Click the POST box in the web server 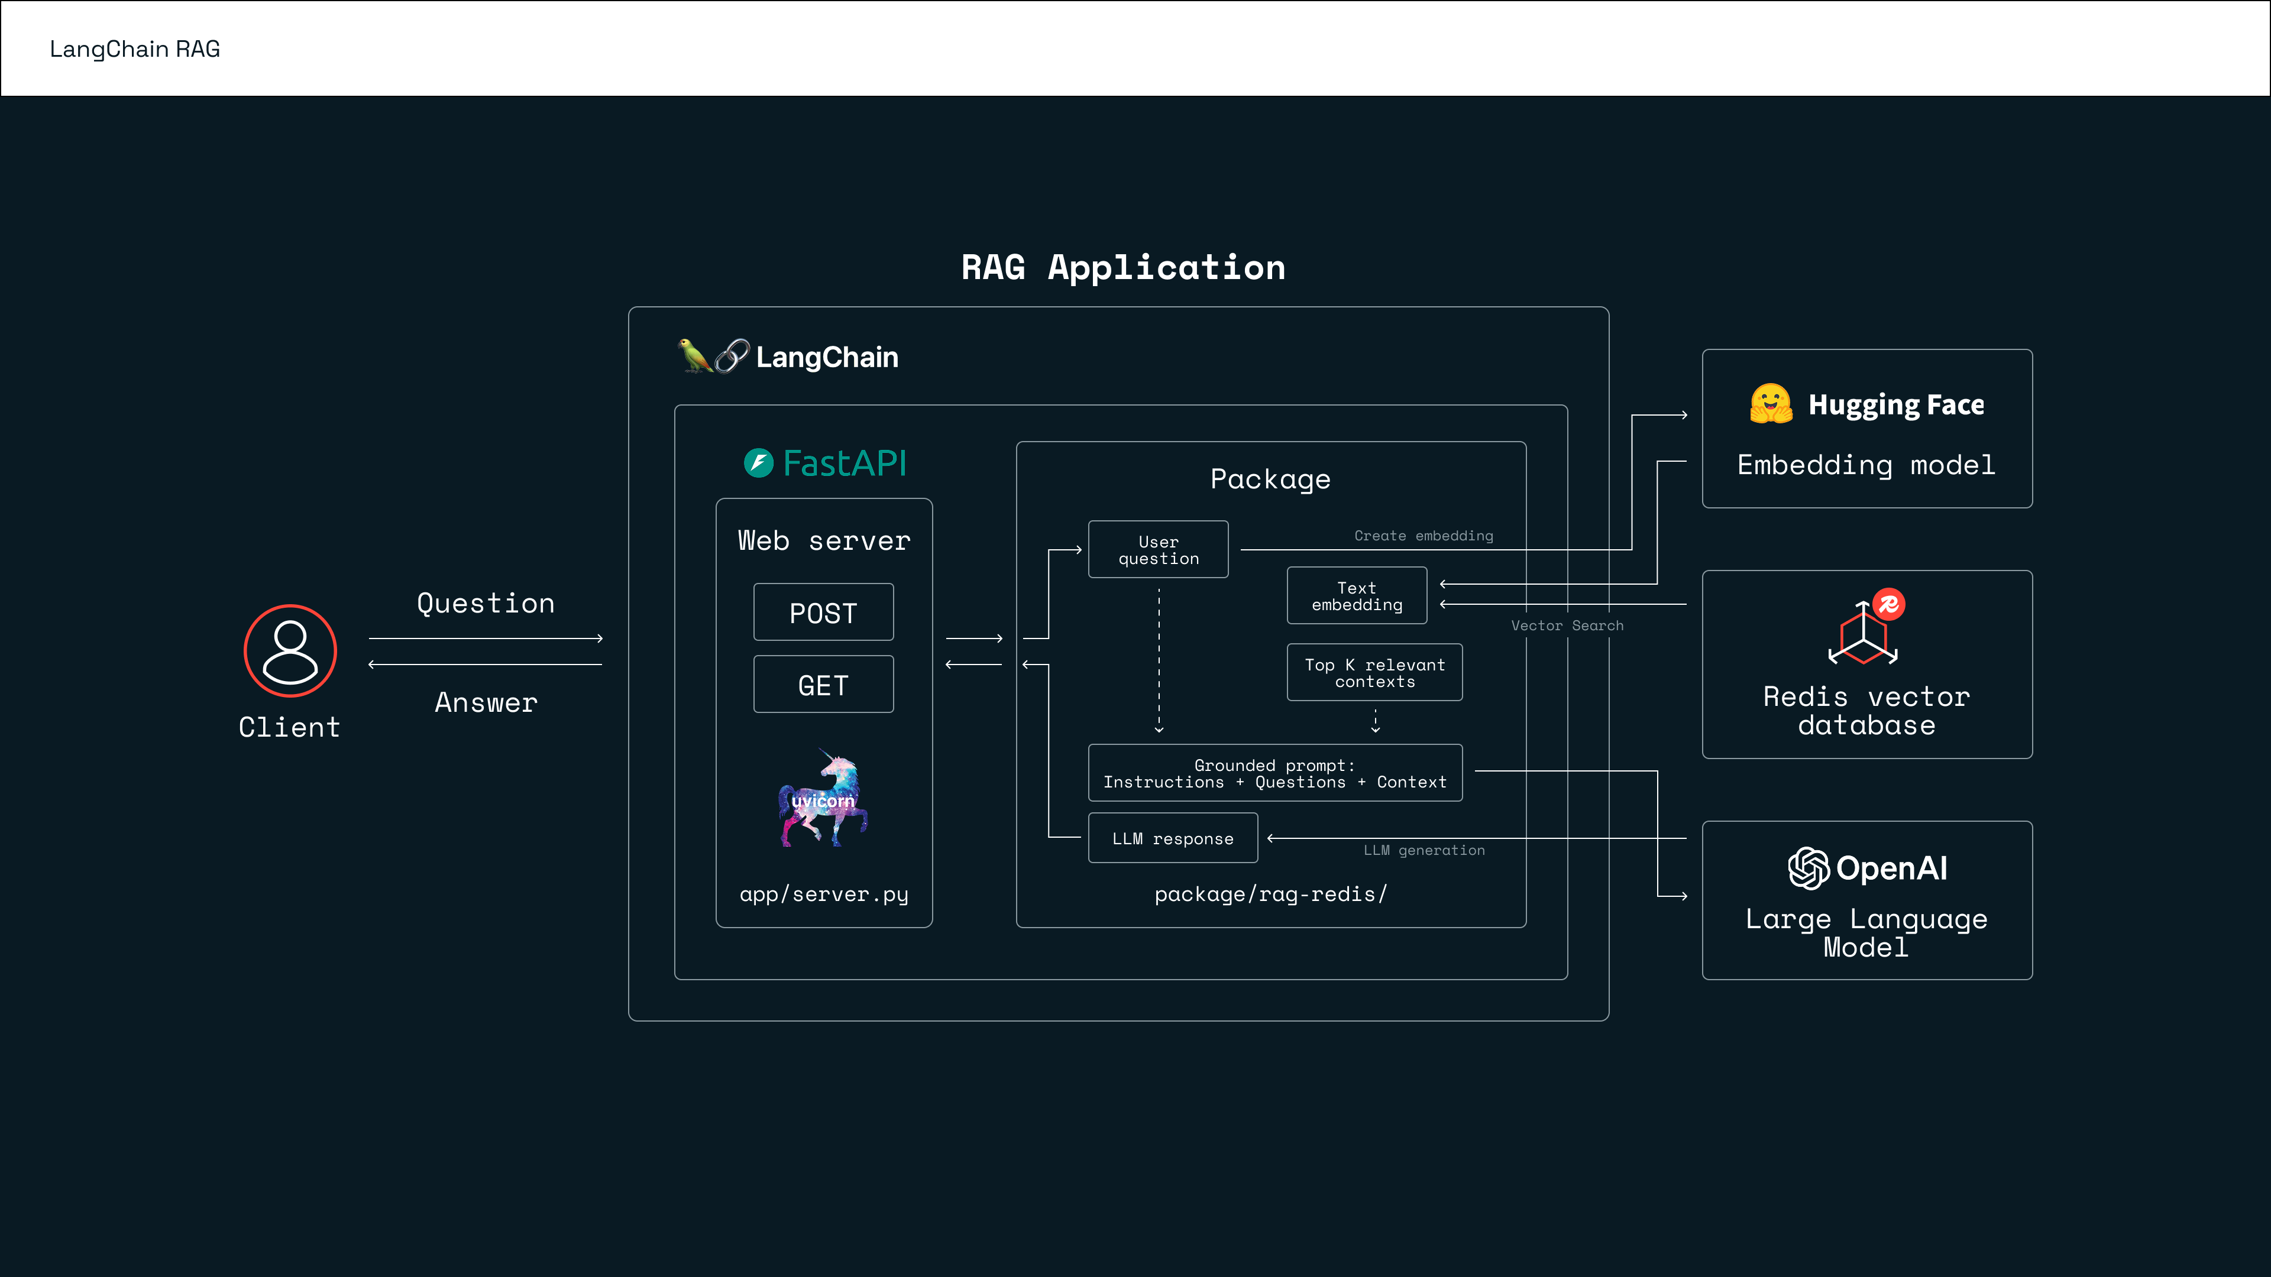(x=823, y=612)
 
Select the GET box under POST (x=823, y=685)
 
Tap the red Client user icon (x=290, y=652)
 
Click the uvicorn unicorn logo (x=823, y=799)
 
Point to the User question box (x=1157, y=550)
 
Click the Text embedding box (x=1356, y=596)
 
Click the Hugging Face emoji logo (x=1770, y=404)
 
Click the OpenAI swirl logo (x=1807, y=868)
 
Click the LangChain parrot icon (x=694, y=356)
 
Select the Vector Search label (x=1567, y=625)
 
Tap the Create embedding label (x=1423, y=536)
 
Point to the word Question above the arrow (x=486, y=604)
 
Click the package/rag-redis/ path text (x=1270, y=894)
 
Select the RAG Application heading (x=1122, y=267)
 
